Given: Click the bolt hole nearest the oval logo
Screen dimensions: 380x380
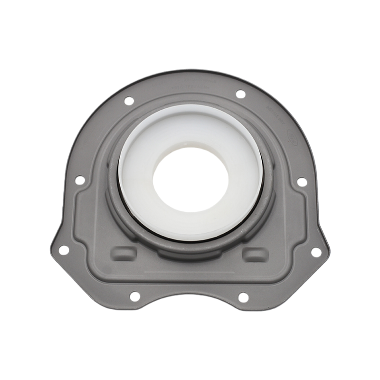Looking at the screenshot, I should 241,94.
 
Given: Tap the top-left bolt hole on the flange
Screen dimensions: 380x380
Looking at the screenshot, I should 129,101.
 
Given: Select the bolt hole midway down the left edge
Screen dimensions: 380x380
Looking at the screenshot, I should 80,180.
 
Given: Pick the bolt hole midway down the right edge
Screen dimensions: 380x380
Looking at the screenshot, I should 302,182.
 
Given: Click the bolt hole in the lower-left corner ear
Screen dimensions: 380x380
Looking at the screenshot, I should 64,250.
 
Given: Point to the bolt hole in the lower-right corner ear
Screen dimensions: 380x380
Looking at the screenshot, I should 316,252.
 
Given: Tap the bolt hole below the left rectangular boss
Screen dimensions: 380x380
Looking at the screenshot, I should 135,296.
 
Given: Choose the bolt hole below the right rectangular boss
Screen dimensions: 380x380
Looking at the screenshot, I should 243,298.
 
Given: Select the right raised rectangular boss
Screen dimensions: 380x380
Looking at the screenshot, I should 255,255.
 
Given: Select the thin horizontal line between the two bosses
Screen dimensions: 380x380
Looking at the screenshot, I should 190,273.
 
